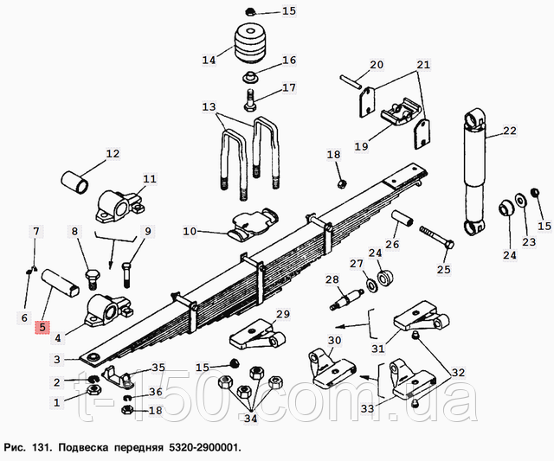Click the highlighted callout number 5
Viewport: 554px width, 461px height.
coord(42,327)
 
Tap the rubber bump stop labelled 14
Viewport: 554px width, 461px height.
coord(249,43)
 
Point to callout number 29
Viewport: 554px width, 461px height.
coord(283,314)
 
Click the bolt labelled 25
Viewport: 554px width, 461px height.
coord(436,237)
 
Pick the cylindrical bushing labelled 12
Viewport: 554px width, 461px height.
coord(75,182)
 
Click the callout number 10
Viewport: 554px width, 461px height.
coord(190,232)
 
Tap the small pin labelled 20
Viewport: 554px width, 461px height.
coord(351,81)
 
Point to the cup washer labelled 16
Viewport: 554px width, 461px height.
coord(250,76)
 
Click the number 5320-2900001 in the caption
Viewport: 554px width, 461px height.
coord(204,448)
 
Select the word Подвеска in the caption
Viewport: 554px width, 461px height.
coord(83,448)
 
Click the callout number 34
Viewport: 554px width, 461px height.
coord(250,419)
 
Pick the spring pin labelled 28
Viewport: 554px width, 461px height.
coord(347,300)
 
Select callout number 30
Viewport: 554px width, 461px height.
coord(334,341)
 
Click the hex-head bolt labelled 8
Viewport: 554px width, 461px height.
coord(93,279)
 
